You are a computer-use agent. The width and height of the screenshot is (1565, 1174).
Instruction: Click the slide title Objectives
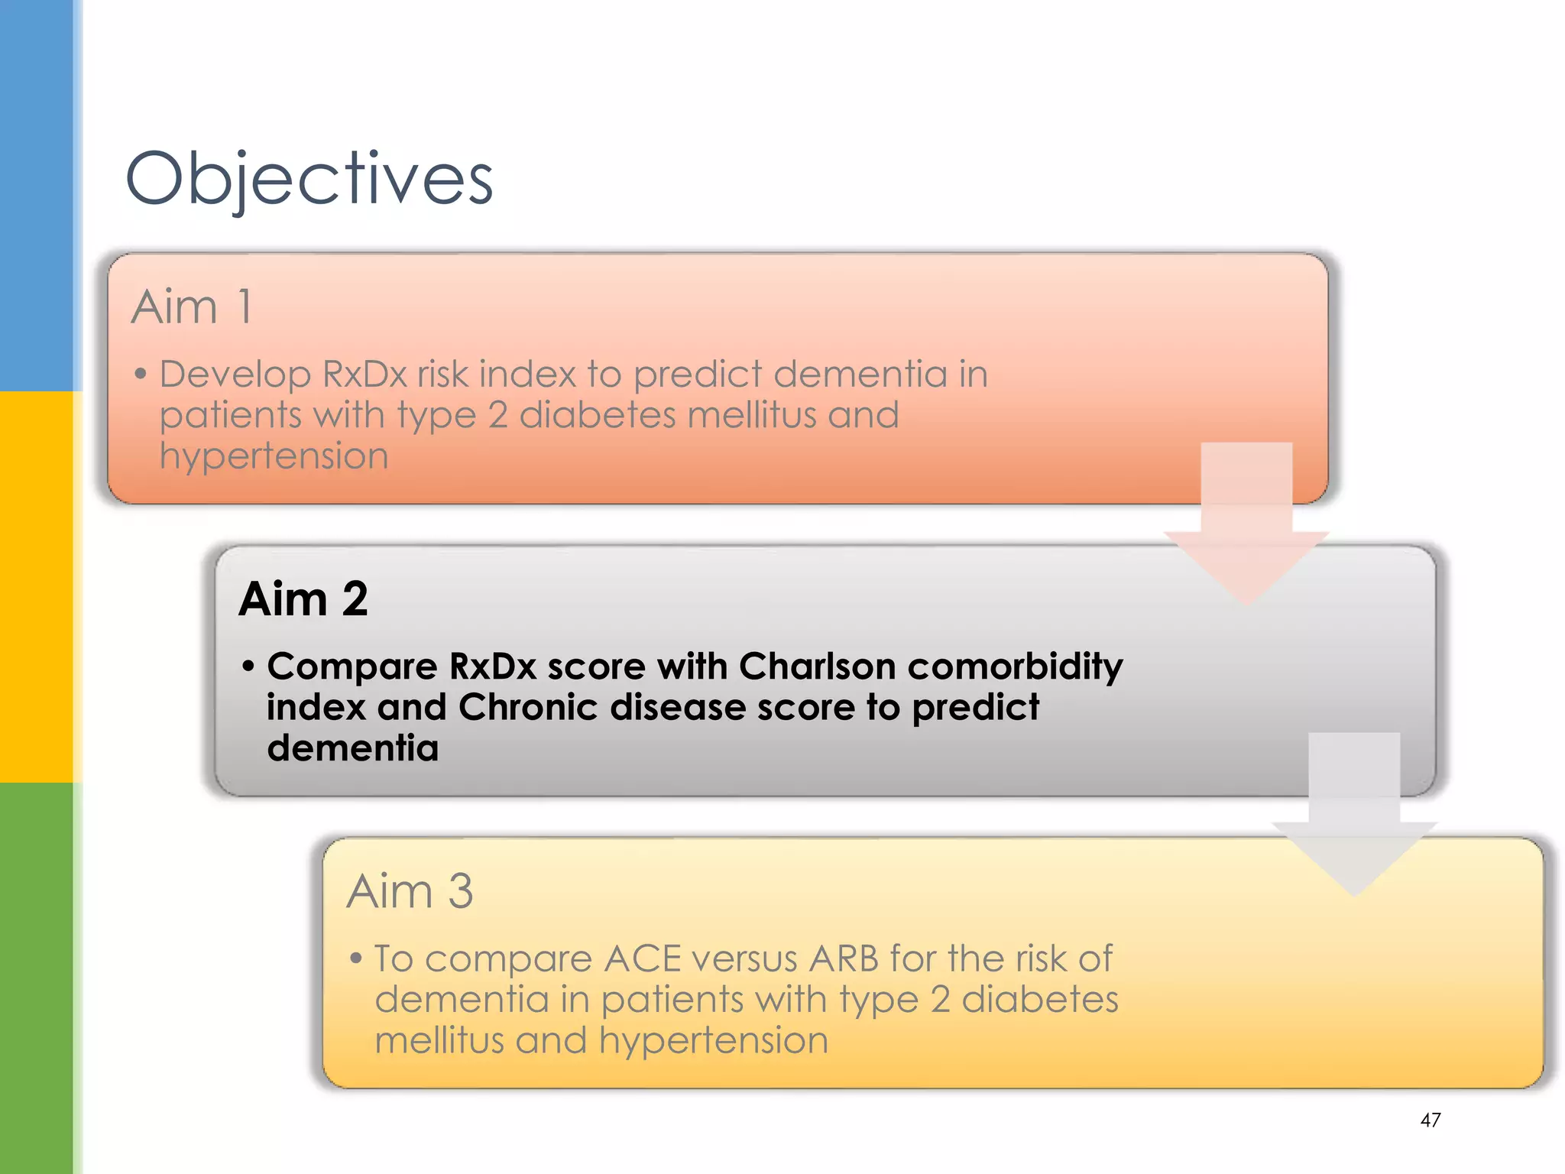pyautogui.click(x=309, y=179)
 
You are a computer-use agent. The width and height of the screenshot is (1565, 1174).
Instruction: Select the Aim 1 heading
pyautogui.click(x=191, y=307)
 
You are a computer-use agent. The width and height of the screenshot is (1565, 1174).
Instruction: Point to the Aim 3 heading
pyautogui.click(x=410, y=891)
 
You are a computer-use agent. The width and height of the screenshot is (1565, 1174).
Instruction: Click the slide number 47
pyautogui.click(x=1430, y=1120)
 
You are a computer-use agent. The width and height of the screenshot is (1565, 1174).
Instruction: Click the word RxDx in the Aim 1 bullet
pyautogui.click(x=365, y=375)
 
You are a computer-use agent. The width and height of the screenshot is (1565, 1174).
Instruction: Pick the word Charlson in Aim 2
pyautogui.click(x=817, y=666)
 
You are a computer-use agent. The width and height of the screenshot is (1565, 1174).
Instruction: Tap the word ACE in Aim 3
pyautogui.click(x=642, y=958)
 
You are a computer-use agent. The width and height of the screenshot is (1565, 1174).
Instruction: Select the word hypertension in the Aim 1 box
pyautogui.click(x=274, y=457)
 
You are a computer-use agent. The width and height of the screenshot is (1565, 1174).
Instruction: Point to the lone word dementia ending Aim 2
pyautogui.click(x=352, y=748)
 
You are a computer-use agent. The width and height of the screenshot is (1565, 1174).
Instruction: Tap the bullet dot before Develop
pyautogui.click(x=140, y=375)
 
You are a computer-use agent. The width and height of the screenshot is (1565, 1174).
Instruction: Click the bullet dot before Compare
pyautogui.click(x=248, y=666)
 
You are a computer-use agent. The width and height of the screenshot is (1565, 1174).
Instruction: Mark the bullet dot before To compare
pyautogui.click(x=355, y=958)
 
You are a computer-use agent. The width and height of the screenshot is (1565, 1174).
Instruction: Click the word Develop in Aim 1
pyautogui.click(x=235, y=375)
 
